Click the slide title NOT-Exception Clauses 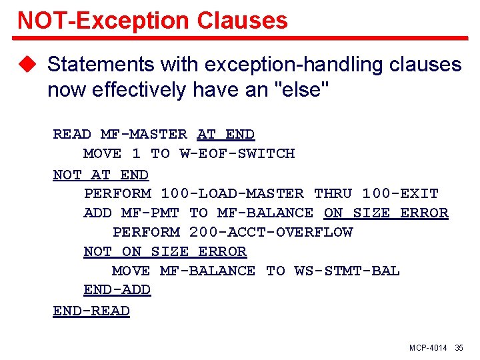(x=153, y=20)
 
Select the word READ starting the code (x=72, y=134)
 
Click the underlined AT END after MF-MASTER (x=226, y=134)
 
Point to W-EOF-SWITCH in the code (x=237, y=153)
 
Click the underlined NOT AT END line (x=101, y=175)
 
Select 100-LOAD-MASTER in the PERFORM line (x=232, y=193)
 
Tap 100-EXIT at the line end (x=400, y=193)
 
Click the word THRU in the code (x=333, y=193)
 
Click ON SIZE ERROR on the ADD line (x=386, y=213)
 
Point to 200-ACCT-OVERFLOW (x=271, y=232)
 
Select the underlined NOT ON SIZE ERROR (x=165, y=251)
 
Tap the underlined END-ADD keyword (x=117, y=290)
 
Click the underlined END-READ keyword (x=91, y=311)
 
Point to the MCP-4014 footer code (x=428, y=349)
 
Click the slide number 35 (x=459, y=349)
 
